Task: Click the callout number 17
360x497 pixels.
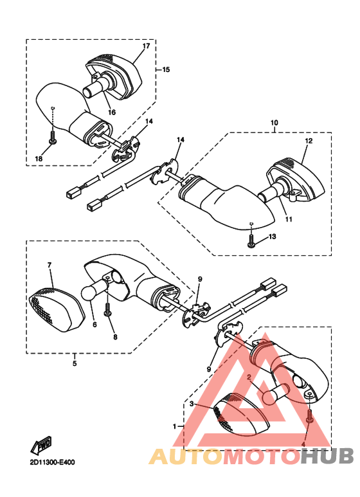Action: click(x=146, y=46)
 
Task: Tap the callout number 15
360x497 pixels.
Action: click(x=166, y=69)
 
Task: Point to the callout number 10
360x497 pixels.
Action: click(x=274, y=122)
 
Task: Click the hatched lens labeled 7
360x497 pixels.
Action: click(x=53, y=311)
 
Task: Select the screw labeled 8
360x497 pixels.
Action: click(x=108, y=311)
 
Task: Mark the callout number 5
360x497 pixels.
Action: click(x=74, y=364)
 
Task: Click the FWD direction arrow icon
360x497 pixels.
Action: click(x=43, y=444)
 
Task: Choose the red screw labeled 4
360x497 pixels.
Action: click(x=310, y=416)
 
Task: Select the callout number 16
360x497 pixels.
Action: click(x=111, y=112)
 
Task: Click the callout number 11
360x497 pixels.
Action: click(x=289, y=219)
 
